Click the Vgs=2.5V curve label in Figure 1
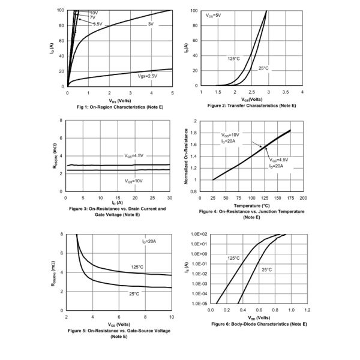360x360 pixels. click(x=146, y=76)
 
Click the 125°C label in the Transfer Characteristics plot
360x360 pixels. click(x=234, y=58)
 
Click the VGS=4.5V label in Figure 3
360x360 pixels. click(x=134, y=155)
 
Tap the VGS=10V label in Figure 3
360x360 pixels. click(x=134, y=180)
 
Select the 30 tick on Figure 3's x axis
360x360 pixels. click(x=170, y=197)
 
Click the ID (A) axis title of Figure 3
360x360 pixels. click(x=117, y=203)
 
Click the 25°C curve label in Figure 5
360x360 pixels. click(x=134, y=294)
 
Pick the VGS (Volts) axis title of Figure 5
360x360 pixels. click(x=118, y=325)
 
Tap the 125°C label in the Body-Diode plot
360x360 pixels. click(x=233, y=258)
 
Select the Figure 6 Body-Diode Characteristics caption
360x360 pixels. click(x=259, y=324)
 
